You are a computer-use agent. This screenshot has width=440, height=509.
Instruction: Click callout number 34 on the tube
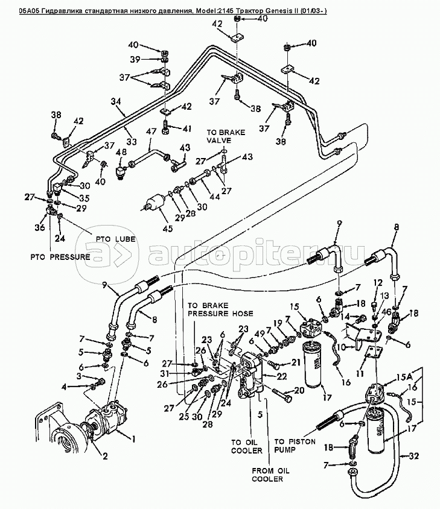click(x=116, y=102)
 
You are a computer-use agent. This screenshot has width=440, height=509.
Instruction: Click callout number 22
click(x=281, y=376)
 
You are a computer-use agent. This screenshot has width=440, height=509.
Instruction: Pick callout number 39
click(x=136, y=59)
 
